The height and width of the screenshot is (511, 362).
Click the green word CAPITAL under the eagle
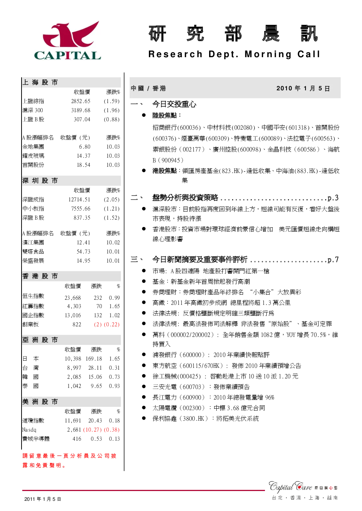pyautogui.click(x=68, y=55)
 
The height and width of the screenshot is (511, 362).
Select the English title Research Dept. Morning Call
pyautogui.click(x=234, y=54)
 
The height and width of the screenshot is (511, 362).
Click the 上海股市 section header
pyautogui.click(x=40, y=82)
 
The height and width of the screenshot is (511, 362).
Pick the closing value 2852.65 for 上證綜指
pyautogui.click(x=81, y=101)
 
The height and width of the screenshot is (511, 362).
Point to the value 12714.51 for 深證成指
pyautogui.click(x=79, y=199)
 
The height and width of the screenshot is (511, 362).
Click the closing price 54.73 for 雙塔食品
pyautogui.click(x=84, y=251)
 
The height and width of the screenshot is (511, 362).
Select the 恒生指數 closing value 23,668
pyautogui.click(x=73, y=298)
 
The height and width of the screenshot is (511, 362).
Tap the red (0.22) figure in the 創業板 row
pyautogui.click(x=112, y=325)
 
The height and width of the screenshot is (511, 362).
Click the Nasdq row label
pyautogui.click(x=29, y=429)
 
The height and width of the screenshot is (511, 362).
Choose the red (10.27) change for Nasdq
pyautogui.click(x=92, y=429)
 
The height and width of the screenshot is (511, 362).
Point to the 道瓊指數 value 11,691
pyautogui.click(x=73, y=420)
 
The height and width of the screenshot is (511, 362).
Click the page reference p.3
pyautogui.click(x=333, y=198)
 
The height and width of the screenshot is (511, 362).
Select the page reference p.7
pyautogui.click(x=333, y=260)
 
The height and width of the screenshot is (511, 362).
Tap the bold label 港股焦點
pyautogui.click(x=165, y=171)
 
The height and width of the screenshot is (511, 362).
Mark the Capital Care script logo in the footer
pyautogui.click(x=290, y=487)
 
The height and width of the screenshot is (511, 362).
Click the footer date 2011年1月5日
pyautogui.click(x=43, y=499)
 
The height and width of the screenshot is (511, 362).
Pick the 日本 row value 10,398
pyautogui.click(x=73, y=359)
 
